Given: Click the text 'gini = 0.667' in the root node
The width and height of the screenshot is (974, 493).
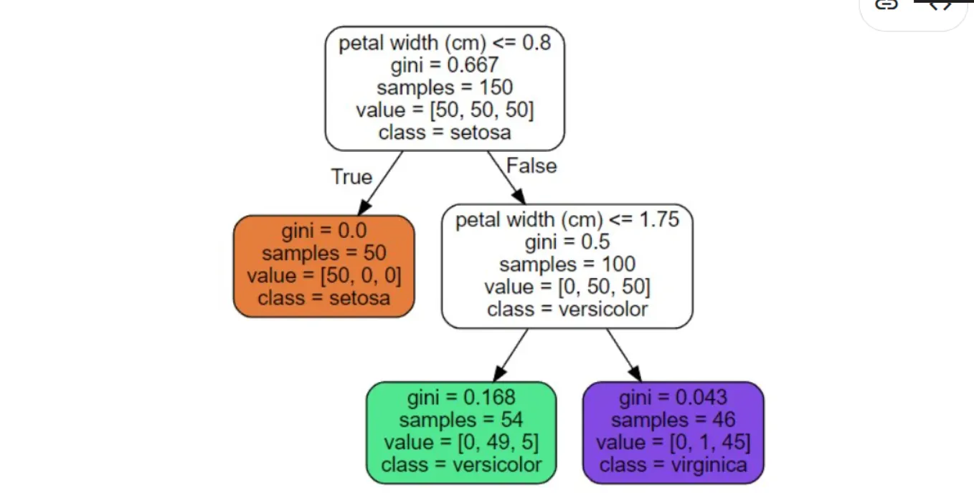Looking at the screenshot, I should tap(445, 65).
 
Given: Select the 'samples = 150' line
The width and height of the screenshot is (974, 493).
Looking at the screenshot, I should tap(445, 87).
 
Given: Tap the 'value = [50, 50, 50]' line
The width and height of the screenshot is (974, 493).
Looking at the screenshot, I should tap(445, 110).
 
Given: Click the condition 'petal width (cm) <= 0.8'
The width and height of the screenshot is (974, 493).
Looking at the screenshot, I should tap(445, 43).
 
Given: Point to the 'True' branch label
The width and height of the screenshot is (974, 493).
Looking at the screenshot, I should tap(351, 177).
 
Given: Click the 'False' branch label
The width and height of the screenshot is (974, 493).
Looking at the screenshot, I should tap(531, 166).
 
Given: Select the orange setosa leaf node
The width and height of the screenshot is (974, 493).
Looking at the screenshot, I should tap(324, 266).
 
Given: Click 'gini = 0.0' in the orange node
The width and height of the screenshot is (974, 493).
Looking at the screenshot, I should tap(324, 231).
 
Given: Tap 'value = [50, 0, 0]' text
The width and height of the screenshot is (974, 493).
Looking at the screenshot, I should tap(324, 276).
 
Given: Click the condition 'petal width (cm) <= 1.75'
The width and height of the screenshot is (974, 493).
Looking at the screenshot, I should tap(567, 219).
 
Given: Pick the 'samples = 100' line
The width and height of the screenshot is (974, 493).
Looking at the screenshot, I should tap(567, 264).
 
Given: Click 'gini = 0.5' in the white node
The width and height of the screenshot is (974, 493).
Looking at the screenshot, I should tap(567, 242).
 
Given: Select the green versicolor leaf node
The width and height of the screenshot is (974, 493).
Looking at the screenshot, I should tap(461, 432).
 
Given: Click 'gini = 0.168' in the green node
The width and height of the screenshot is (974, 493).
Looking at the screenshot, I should tap(461, 397).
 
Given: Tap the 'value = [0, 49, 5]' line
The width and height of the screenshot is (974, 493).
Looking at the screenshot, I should tap(461, 442).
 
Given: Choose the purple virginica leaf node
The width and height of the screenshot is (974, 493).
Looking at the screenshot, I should tap(673, 432).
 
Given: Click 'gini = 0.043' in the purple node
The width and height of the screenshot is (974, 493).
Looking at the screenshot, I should tap(673, 397).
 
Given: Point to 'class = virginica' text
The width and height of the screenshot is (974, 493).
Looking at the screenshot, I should tap(673, 465).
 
